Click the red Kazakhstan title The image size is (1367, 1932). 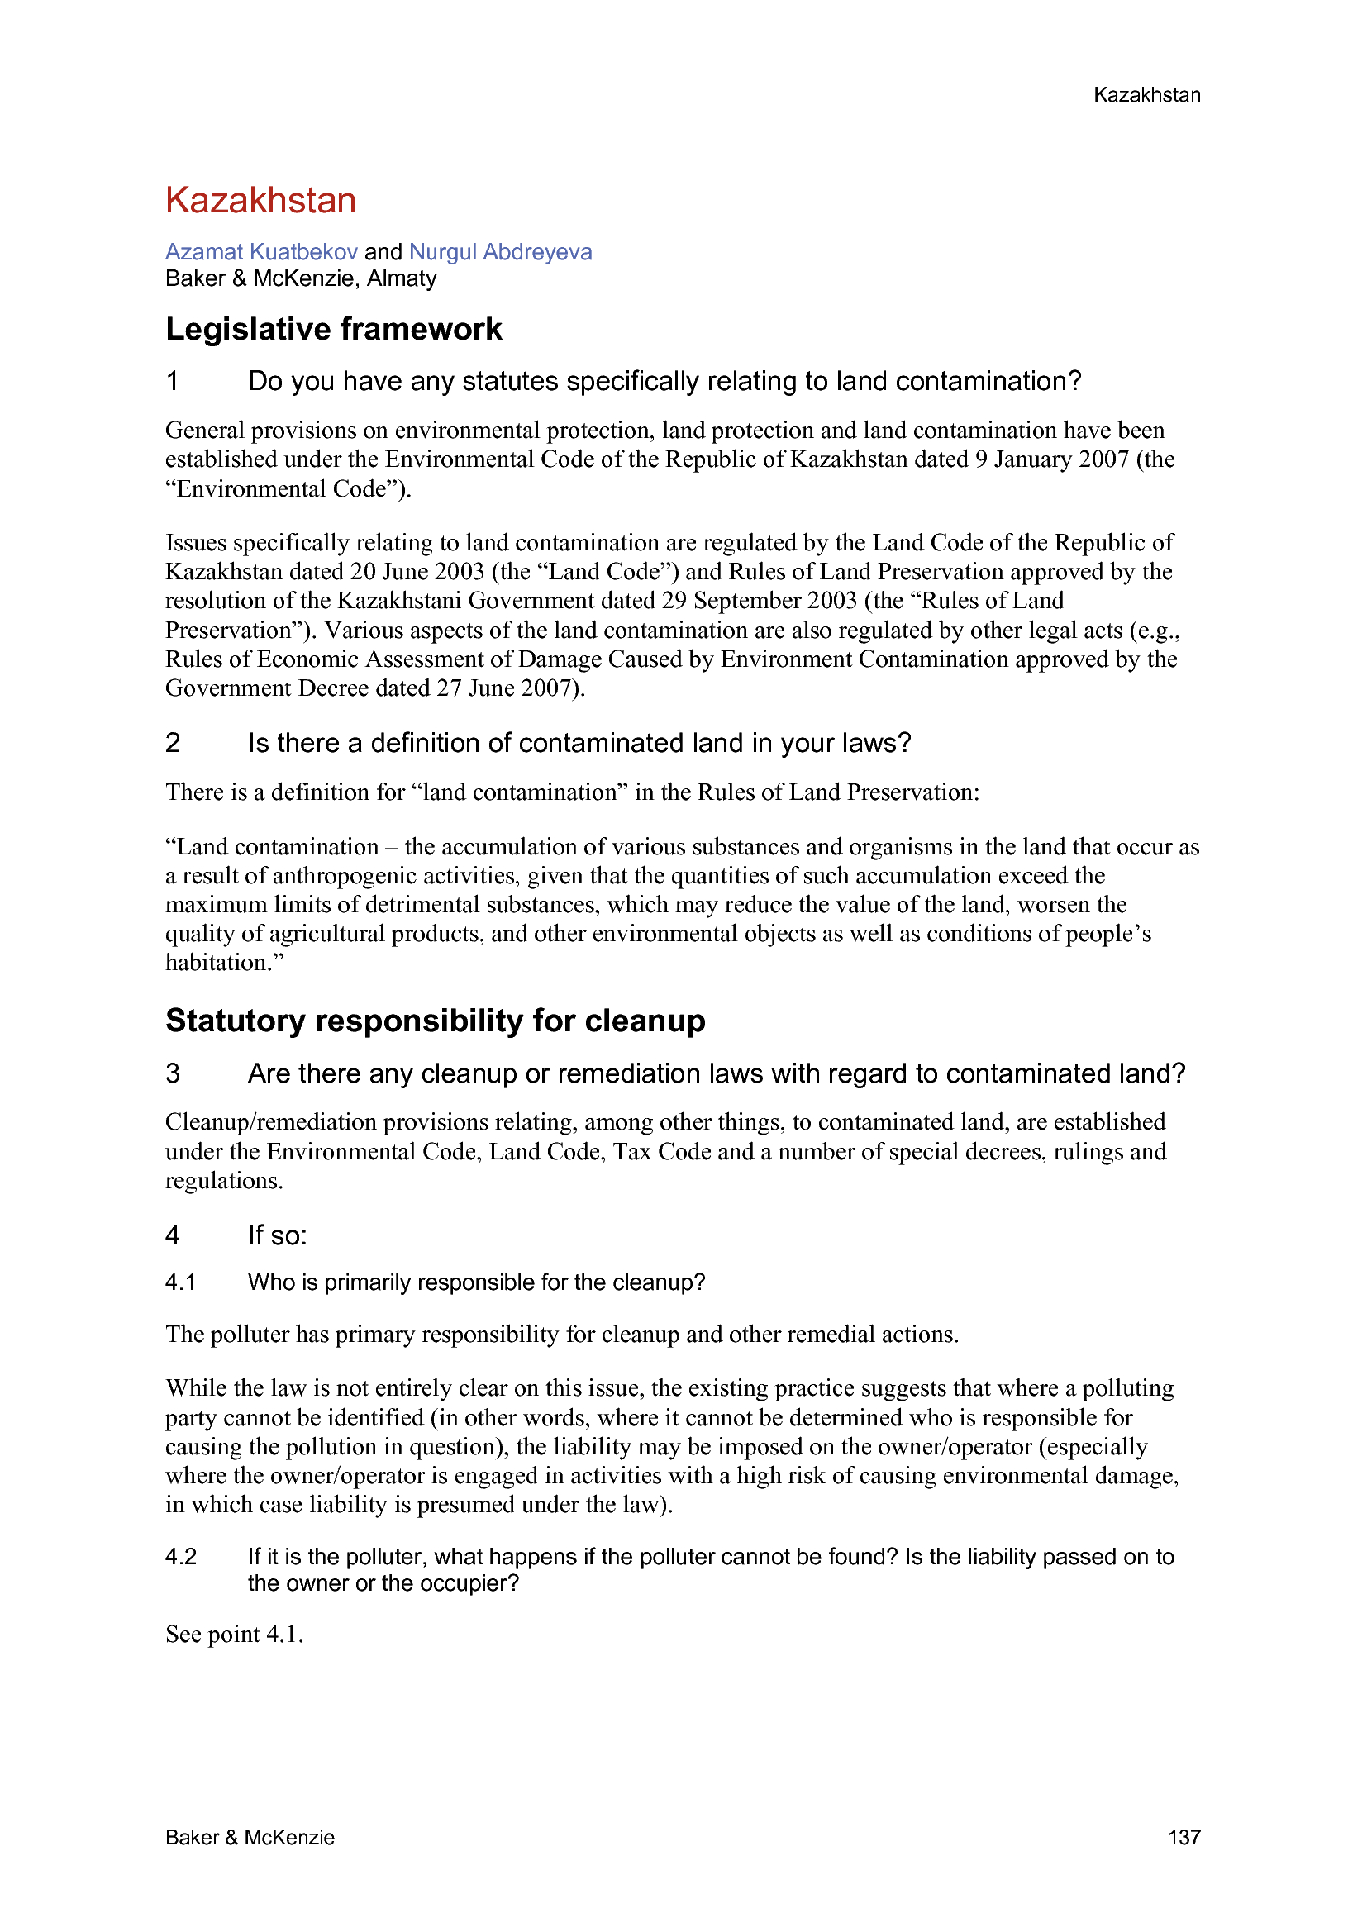[260, 200]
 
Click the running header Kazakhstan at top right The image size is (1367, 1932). [1146, 95]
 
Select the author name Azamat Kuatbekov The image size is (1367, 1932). [261, 251]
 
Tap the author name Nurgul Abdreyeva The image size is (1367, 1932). [500, 251]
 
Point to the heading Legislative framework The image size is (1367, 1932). [333, 329]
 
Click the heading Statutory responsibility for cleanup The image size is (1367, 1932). [436, 1021]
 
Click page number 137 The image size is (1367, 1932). [1184, 1837]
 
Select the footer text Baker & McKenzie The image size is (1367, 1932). [250, 1837]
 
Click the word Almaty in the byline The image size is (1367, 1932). [402, 278]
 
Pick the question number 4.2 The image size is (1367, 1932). [181, 1557]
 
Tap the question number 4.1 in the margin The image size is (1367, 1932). [181, 1282]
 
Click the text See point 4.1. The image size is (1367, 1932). [234, 1635]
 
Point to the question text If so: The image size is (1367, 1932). [278, 1235]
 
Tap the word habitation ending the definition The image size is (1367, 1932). [221, 963]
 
